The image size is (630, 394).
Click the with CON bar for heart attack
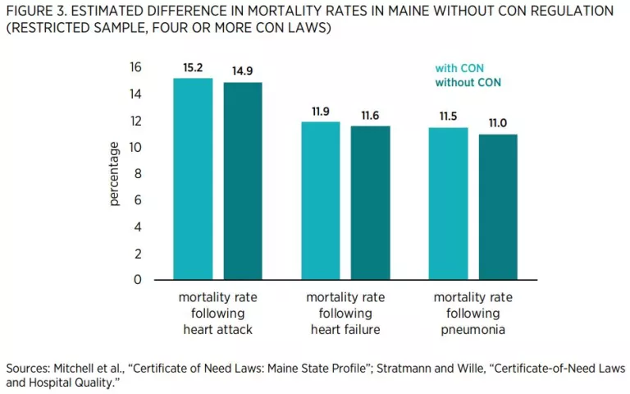coord(193,179)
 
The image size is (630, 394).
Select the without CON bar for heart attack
coord(244,181)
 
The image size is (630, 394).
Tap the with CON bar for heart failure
coord(320,200)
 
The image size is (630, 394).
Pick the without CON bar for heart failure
coord(371,203)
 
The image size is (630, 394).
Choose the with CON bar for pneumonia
coord(447,204)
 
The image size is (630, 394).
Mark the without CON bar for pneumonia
coord(498,207)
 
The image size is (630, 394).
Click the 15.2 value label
coord(193,67)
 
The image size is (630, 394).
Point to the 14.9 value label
coord(244,71)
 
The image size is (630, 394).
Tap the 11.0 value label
coord(498,123)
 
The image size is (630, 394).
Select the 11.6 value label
coord(371,116)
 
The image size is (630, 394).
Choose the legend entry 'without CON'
coord(468,83)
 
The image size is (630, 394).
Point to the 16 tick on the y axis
coord(135,67)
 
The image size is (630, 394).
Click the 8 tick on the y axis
coord(138,173)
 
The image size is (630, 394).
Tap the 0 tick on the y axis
coord(138,279)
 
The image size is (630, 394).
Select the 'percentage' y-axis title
coord(114,174)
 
